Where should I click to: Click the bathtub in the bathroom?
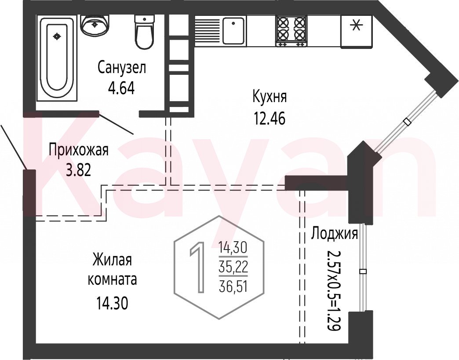(x=57, y=58)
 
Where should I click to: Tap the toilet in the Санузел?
(x=144, y=32)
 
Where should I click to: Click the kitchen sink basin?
(x=233, y=30)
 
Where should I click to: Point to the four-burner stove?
(x=291, y=31)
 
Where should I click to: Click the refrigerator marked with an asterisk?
(x=357, y=32)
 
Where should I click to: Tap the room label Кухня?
(x=270, y=97)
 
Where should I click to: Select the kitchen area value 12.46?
(x=270, y=118)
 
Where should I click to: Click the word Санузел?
(x=121, y=68)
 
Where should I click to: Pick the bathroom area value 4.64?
(x=121, y=88)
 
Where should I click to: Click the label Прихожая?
(x=78, y=150)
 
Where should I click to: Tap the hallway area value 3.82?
(x=78, y=170)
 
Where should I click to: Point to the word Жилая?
(x=112, y=260)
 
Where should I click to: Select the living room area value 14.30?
(x=112, y=304)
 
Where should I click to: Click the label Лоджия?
(x=334, y=234)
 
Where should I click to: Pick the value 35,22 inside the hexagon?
(x=233, y=267)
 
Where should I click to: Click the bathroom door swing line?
(x=117, y=124)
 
